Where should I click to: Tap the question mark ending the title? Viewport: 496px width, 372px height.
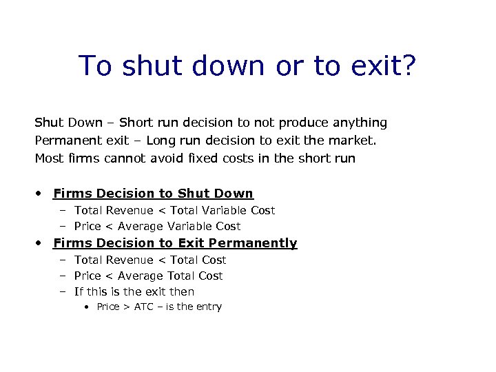click(x=408, y=65)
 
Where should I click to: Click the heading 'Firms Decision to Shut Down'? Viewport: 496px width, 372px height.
click(x=153, y=194)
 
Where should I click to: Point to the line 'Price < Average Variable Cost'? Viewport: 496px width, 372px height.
click(x=157, y=226)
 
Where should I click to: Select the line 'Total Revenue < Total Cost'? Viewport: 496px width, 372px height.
click(x=150, y=260)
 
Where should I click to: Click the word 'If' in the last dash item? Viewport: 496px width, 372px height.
click(x=79, y=291)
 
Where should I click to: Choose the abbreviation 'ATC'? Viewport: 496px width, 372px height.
click(x=143, y=307)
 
